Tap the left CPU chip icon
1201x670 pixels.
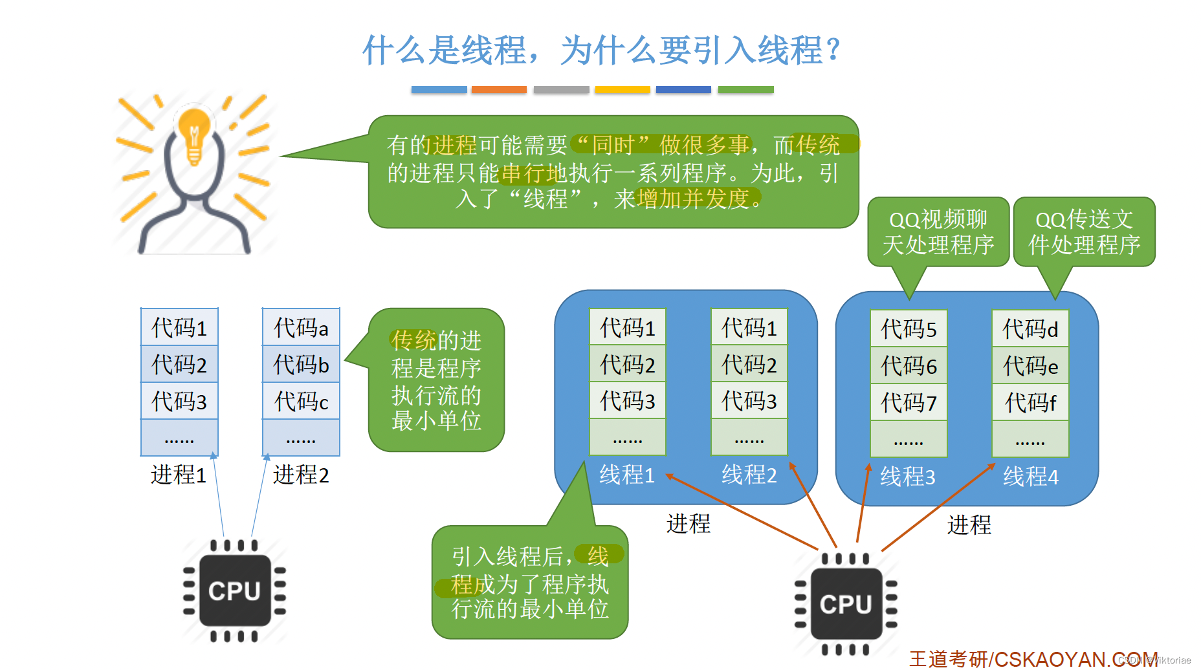pos(234,590)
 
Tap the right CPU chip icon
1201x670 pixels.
pos(846,603)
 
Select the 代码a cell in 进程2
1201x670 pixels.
pos(301,327)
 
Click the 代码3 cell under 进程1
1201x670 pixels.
pos(179,401)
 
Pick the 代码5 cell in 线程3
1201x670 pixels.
pos(909,329)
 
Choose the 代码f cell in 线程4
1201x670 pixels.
pos(1030,403)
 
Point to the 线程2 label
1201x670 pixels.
pos(749,475)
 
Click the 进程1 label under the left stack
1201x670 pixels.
pos(179,475)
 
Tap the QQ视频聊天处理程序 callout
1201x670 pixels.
pos(938,232)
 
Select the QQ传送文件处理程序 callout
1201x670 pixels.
pos(1084,232)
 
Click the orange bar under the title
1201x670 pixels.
pos(499,90)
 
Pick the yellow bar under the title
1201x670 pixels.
pos(622,90)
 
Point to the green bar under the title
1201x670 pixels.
pos(745,90)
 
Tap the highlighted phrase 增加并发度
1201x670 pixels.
pos(692,199)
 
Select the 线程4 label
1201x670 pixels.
pos(1030,477)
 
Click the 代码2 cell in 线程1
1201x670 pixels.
pos(627,365)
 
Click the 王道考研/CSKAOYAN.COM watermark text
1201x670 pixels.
pos(1032,659)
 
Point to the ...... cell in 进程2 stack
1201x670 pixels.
pos(301,438)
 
